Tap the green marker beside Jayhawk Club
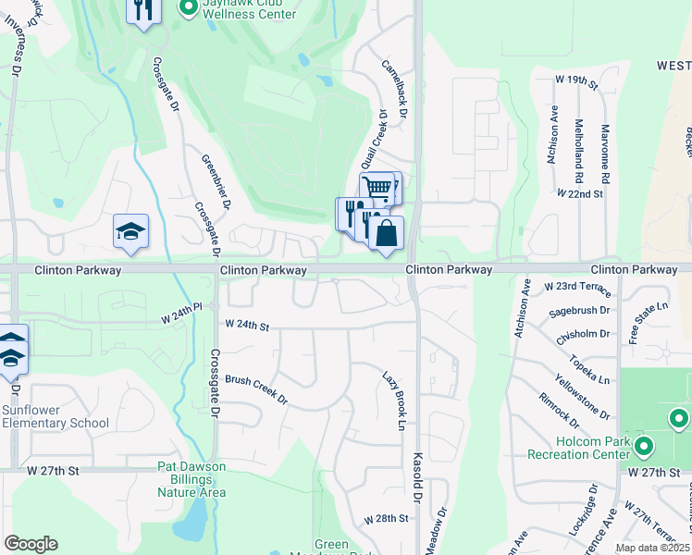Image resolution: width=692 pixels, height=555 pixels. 188,9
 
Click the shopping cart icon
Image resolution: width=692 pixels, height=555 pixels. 376,188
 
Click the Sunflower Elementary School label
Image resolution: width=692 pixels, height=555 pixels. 55,416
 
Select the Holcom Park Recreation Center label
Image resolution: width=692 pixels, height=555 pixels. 578,448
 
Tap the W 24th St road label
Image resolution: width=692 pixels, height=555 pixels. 247,326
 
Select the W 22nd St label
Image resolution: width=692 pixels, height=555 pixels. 580,194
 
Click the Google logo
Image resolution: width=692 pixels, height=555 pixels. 31,544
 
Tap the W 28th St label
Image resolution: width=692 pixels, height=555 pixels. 386,519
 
